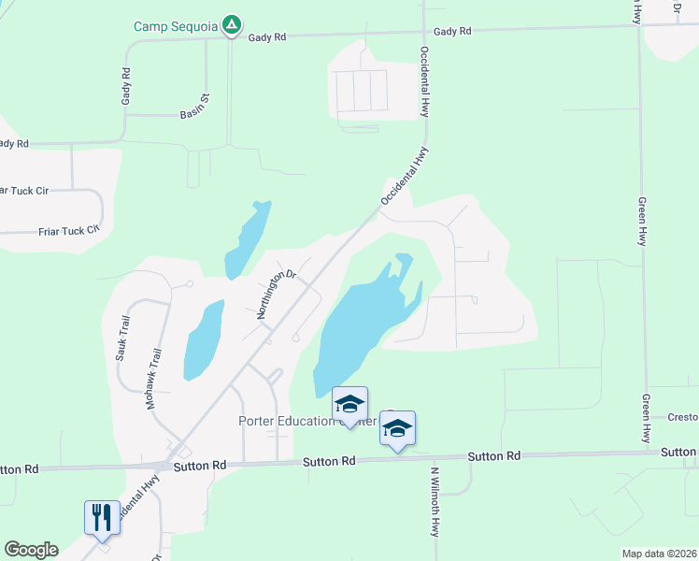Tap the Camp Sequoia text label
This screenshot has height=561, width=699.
pyautogui.click(x=178, y=25)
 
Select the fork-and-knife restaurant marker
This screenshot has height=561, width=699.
pyautogui.click(x=102, y=516)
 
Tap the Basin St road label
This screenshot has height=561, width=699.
pyautogui.click(x=196, y=116)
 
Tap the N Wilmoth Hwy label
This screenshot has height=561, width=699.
pyautogui.click(x=435, y=501)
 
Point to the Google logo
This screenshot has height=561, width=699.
pyautogui.click(x=31, y=550)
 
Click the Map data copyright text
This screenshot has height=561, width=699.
pyautogui.click(x=658, y=554)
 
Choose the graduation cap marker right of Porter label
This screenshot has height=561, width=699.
pyautogui.click(x=397, y=430)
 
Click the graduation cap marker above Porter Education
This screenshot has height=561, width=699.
pyautogui.click(x=349, y=405)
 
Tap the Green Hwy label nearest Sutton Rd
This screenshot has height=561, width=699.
pyautogui.click(x=646, y=417)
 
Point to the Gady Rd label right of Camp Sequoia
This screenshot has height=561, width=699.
pyautogui.click(x=267, y=36)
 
